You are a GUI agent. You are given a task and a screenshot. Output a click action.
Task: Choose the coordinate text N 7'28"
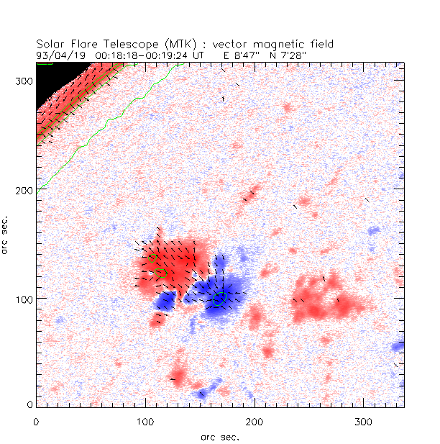coord(290,54)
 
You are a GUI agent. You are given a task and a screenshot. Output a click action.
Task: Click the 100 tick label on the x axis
coord(145,420)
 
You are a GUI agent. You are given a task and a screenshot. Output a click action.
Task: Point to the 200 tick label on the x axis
coord(254,420)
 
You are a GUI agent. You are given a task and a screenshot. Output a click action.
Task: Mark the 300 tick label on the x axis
coord(363,420)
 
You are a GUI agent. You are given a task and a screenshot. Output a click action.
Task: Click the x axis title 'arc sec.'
coord(219,436)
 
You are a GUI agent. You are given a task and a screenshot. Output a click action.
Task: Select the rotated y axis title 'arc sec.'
coord(6,233)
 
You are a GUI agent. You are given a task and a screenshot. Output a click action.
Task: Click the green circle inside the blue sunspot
coord(220,298)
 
